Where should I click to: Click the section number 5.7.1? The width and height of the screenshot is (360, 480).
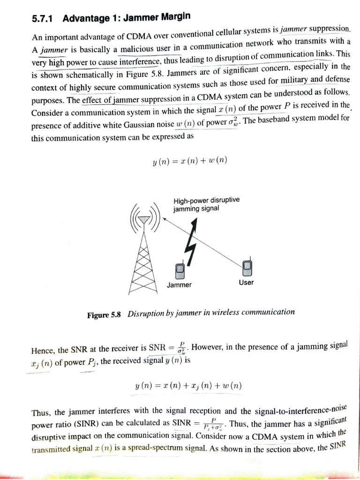43,19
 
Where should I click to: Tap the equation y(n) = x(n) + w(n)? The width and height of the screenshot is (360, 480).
190,161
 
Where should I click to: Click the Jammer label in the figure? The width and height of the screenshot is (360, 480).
179,285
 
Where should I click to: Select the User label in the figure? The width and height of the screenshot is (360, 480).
246,283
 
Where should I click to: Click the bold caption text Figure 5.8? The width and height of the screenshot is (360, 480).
104,315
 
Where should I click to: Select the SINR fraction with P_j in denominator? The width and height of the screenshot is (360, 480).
214,424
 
